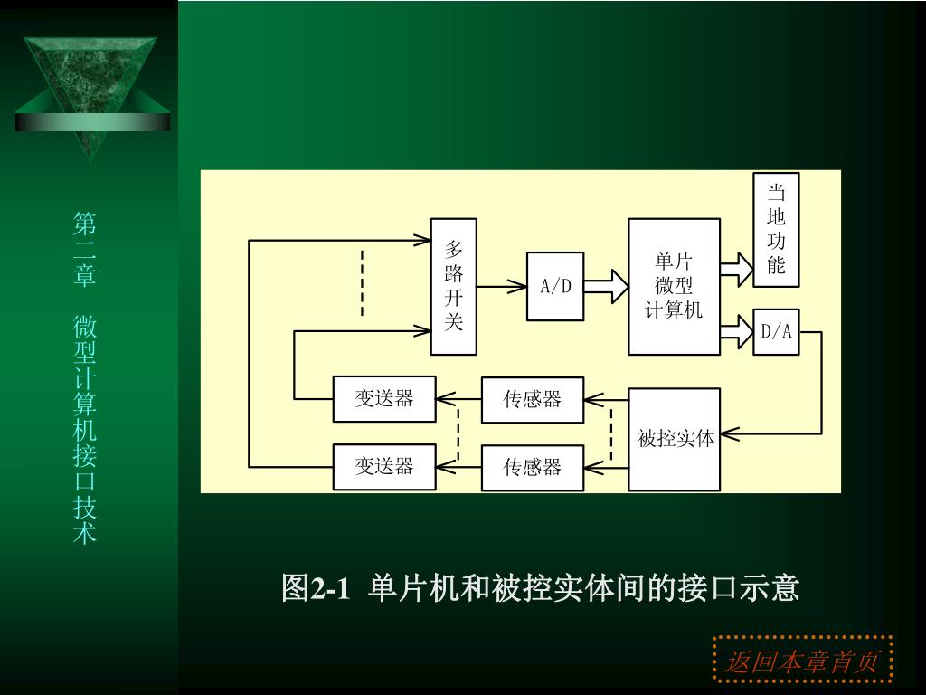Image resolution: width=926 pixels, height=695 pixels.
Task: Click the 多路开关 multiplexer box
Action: [x=454, y=286]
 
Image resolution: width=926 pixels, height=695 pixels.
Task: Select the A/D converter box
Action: [x=555, y=286]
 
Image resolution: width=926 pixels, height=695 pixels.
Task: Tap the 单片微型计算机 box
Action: [x=674, y=286]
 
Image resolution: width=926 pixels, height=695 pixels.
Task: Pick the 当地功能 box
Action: [x=776, y=229]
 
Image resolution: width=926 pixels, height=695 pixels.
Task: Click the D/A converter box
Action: [x=776, y=332]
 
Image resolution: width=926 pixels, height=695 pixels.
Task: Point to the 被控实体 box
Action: [x=675, y=439]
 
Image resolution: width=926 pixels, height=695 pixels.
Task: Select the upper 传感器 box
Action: [x=533, y=399]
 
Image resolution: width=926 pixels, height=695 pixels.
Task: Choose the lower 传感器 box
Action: [x=533, y=467]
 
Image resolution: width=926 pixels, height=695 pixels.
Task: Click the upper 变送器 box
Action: [x=384, y=398]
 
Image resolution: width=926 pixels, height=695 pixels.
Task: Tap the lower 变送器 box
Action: [x=384, y=466]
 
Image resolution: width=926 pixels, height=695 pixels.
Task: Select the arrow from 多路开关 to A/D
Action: [x=502, y=287]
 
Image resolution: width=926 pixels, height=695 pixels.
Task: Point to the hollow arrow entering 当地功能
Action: [x=737, y=266]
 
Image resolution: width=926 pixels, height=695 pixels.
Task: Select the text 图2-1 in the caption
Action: [x=315, y=588]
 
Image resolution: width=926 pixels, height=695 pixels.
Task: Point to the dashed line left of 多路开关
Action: [x=362, y=282]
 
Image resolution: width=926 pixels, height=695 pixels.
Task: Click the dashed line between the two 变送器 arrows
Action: [x=458, y=433]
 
